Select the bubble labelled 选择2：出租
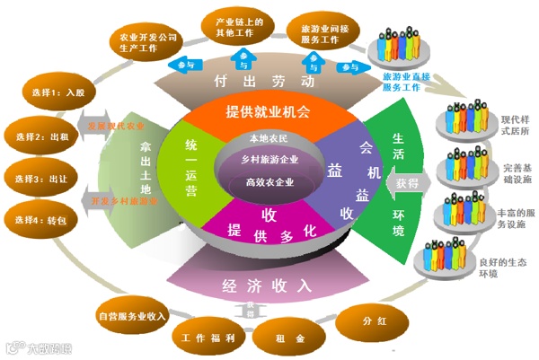click(x=35, y=136)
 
